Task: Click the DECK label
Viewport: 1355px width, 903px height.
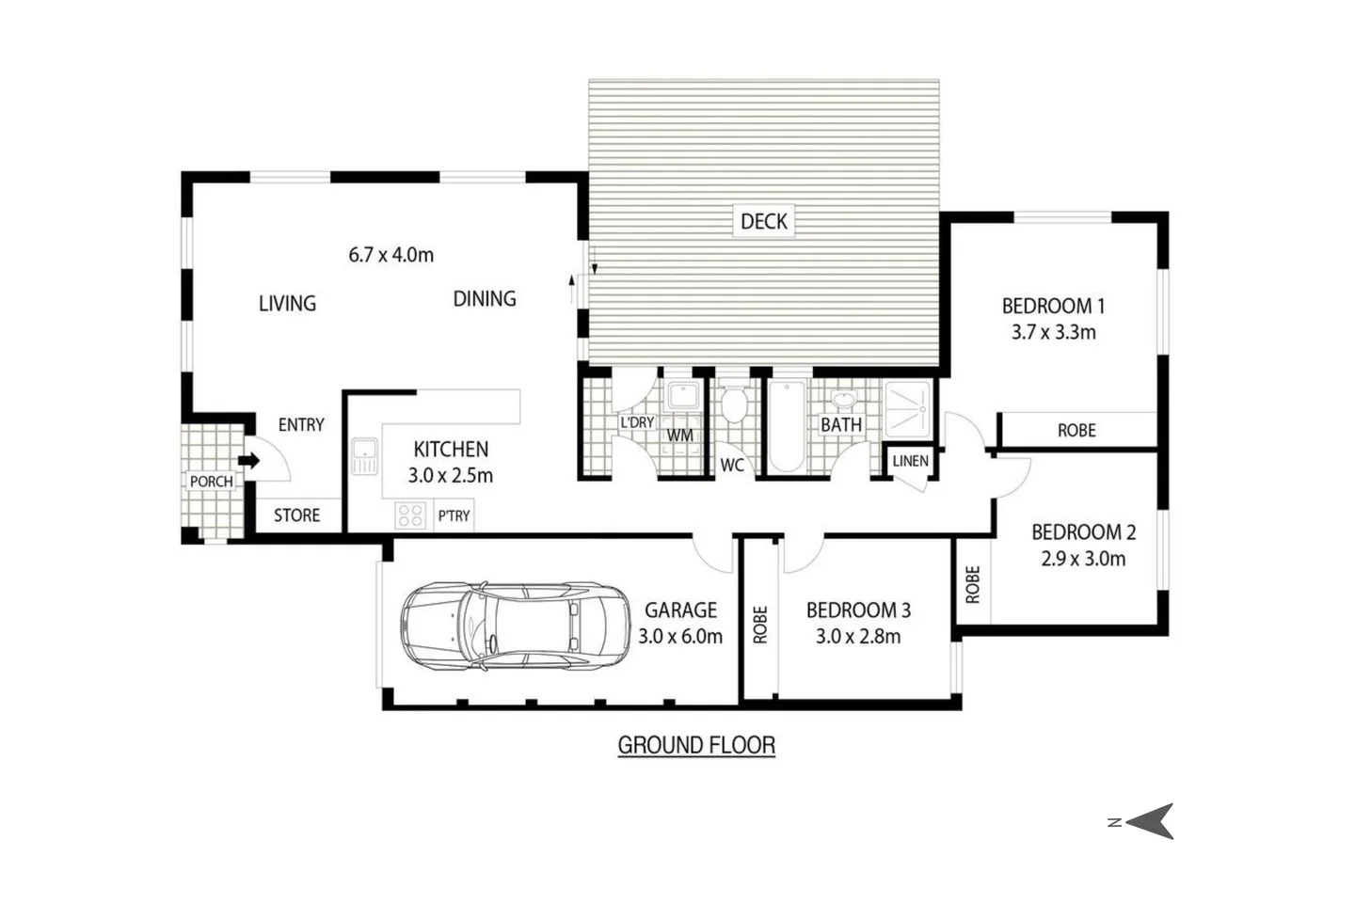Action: click(x=763, y=221)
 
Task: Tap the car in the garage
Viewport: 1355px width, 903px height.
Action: click(x=515, y=626)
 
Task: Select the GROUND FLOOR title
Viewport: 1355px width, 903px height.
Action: click(x=696, y=745)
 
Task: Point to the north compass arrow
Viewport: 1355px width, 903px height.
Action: click(x=1152, y=821)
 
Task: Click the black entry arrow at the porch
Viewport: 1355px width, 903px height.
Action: click(x=248, y=461)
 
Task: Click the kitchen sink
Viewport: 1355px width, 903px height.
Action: click(x=363, y=456)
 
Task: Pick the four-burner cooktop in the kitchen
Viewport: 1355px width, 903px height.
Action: click(x=410, y=515)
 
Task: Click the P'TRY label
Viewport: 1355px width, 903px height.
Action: click(x=454, y=515)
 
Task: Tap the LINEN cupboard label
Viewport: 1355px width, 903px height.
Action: click(x=910, y=461)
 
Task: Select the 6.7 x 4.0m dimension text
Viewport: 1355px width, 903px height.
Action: click(x=391, y=255)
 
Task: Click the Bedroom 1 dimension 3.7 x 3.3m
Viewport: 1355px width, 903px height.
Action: click(x=1053, y=332)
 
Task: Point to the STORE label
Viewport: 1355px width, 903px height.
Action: click(x=296, y=515)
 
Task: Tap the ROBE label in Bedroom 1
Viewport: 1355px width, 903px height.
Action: click(x=1076, y=430)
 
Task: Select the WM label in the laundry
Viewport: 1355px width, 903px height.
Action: click(x=679, y=436)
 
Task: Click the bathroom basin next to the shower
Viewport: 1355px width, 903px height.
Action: click(x=844, y=401)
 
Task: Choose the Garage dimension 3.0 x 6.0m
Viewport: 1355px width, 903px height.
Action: click(x=679, y=637)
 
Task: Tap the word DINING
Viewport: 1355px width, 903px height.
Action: click(x=485, y=299)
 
